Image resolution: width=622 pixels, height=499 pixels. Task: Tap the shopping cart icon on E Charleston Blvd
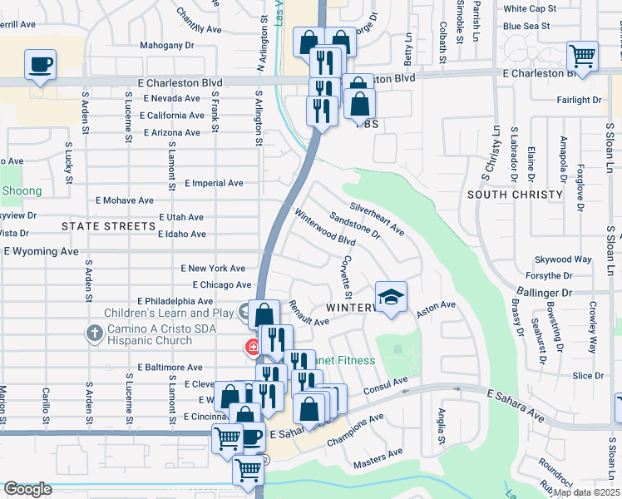(582, 57)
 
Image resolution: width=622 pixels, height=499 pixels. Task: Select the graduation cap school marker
(392, 296)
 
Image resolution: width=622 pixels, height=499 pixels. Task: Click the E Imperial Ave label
(214, 183)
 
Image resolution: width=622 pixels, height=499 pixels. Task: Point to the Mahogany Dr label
(166, 46)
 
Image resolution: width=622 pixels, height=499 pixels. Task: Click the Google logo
(27, 489)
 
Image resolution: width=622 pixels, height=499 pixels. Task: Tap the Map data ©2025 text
(586, 492)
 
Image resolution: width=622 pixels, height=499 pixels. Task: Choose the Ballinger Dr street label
(544, 293)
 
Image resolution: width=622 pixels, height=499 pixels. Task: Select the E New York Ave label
(213, 269)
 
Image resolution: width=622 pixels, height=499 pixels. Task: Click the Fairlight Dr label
(579, 100)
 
